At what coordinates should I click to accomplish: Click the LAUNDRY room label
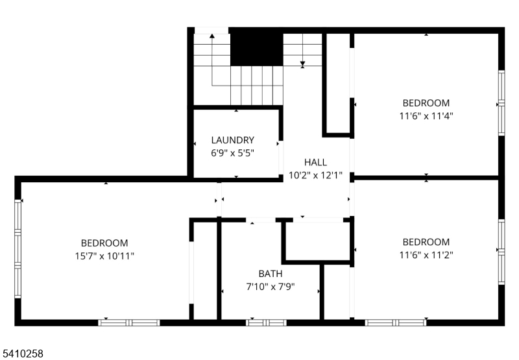(x=233, y=140)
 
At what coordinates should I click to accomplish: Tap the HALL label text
(x=315, y=162)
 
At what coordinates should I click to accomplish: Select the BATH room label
(x=271, y=274)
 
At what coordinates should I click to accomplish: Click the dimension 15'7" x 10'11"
(x=104, y=256)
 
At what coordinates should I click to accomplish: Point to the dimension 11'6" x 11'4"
(x=426, y=116)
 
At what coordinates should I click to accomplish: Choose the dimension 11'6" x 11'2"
(x=426, y=255)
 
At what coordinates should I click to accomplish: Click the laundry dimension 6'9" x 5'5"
(x=233, y=153)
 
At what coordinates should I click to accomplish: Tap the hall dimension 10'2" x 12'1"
(x=315, y=175)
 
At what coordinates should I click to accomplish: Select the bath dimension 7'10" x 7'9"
(x=271, y=287)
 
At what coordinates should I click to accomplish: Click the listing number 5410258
(x=22, y=354)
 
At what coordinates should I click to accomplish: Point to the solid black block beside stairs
(x=256, y=47)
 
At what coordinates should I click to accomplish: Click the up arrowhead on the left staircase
(x=212, y=36)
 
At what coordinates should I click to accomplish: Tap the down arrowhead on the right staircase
(x=302, y=64)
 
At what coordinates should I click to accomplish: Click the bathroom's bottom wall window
(x=266, y=322)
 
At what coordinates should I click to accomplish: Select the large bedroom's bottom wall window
(x=129, y=322)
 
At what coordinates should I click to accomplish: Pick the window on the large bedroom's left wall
(x=18, y=249)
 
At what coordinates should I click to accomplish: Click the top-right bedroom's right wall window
(x=501, y=103)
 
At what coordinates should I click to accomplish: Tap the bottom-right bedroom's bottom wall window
(x=396, y=322)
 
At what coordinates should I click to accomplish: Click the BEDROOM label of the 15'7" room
(x=104, y=243)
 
